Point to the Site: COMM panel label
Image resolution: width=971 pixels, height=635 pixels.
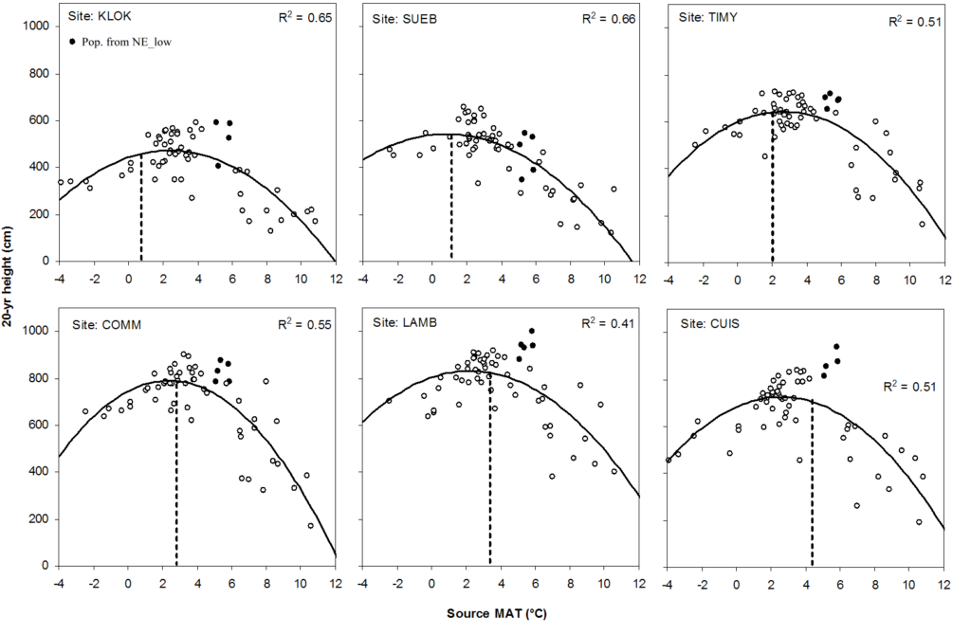pyautogui.click(x=107, y=324)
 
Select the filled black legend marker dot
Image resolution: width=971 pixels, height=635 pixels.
pyautogui.click(x=75, y=42)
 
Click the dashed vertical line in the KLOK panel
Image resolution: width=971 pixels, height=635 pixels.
pyautogui.click(x=141, y=209)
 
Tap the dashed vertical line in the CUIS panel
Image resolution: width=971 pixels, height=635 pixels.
pyautogui.click(x=812, y=483)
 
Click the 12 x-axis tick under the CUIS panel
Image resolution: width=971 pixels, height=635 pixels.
pyautogui.click(x=944, y=580)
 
